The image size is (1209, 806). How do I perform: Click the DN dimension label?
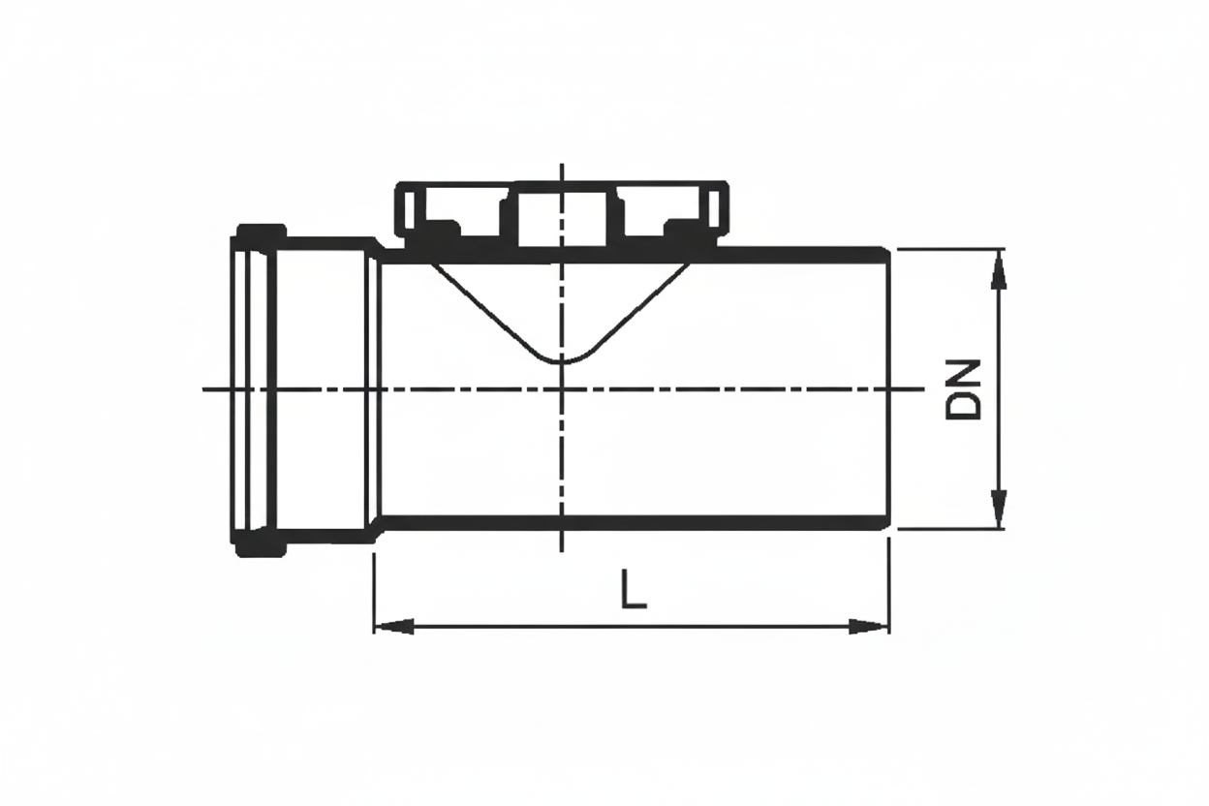click(x=964, y=389)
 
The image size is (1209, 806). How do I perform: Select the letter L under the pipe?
click(x=633, y=590)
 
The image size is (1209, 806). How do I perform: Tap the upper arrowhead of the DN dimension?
click(x=999, y=270)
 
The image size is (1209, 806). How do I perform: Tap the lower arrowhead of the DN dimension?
click(x=999, y=508)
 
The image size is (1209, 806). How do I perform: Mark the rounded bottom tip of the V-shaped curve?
click(x=562, y=362)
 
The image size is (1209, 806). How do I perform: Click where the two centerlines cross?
click(x=562, y=389)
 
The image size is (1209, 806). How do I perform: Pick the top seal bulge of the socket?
click(x=261, y=232)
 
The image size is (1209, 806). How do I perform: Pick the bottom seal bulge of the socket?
click(x=261, y=547)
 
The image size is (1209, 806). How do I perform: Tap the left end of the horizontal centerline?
click(x=205, y=389)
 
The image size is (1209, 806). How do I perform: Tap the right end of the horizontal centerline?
click(x=922, y=389)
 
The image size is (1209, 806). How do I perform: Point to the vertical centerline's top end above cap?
click(x=562, y=167)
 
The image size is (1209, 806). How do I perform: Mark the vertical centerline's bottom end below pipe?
click(x=562, y=548)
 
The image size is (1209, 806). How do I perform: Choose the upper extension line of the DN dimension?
click(x=949, y=249)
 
